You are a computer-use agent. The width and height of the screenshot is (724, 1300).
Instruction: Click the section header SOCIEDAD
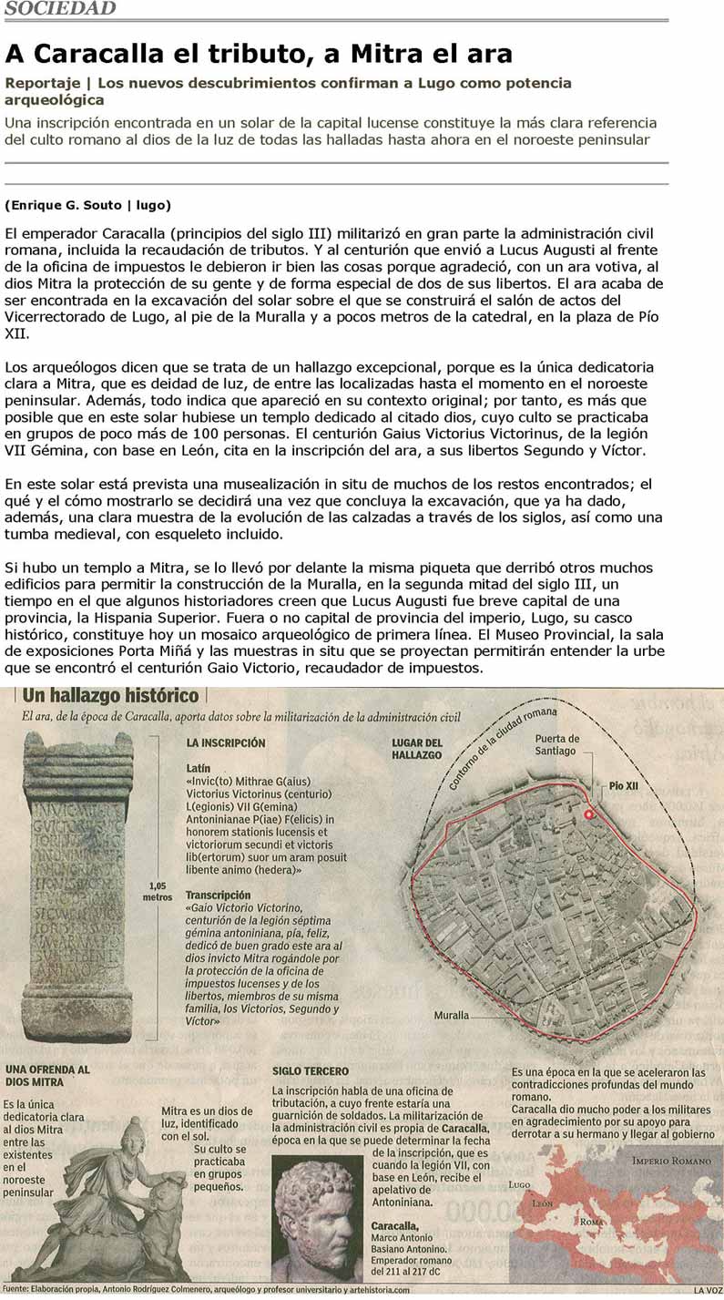60,9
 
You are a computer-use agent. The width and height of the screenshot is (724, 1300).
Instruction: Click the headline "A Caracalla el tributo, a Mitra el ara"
259,54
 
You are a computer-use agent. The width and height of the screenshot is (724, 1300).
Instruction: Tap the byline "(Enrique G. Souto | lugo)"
87,204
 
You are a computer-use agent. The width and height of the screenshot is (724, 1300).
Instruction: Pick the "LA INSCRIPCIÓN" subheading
226,743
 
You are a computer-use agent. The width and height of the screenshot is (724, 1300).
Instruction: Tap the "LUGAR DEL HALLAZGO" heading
417,749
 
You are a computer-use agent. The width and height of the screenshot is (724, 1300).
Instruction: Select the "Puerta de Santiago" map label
556,744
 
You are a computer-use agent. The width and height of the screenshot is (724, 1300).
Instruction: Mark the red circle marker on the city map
589,814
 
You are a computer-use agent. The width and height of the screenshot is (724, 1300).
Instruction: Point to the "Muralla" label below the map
452,1015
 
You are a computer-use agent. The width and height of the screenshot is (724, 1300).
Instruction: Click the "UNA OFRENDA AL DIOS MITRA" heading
47,1075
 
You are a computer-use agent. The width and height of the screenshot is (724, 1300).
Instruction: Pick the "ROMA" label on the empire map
593,1223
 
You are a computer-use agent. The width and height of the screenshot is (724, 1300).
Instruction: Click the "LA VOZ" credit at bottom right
707,1289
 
